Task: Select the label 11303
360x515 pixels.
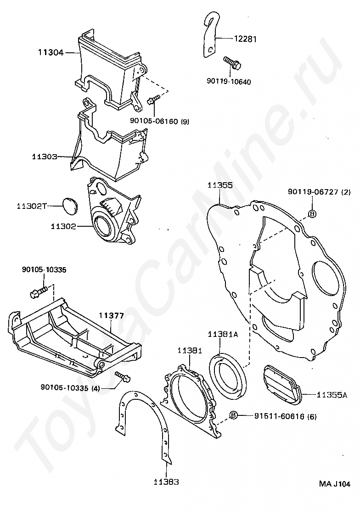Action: tap(45, 157)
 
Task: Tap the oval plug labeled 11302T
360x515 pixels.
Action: tap(70, 206)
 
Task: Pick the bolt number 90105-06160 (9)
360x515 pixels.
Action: tap(158, 122)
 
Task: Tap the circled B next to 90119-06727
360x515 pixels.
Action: tap(311, 213)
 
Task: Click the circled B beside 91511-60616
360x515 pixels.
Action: tap(234, 416)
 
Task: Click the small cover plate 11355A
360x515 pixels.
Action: tap(281, 386)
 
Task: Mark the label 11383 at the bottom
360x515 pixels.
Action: tap(167, 482)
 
